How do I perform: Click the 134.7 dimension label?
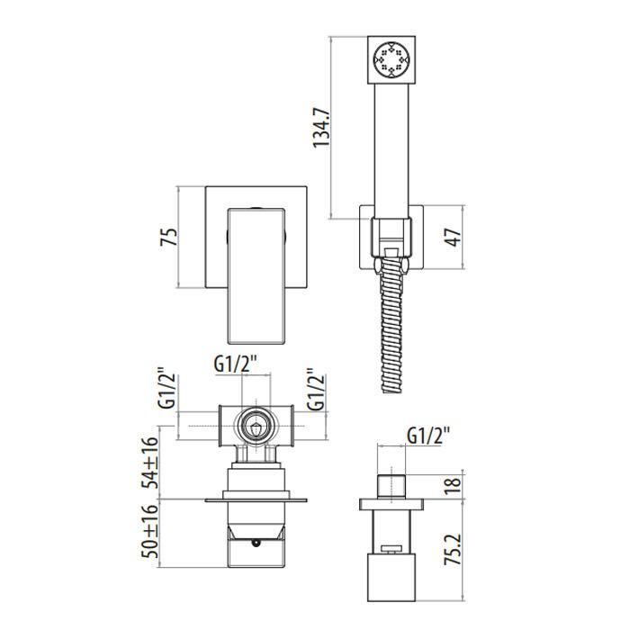[321, 128]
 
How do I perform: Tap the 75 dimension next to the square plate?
[169, 237]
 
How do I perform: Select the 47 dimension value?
[454, 237]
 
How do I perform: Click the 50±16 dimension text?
[151, 531]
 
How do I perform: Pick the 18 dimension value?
[454, 486]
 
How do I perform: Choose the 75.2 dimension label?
[454, 550]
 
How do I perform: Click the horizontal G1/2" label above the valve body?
[236, 364]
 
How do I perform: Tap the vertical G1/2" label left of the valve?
[167, 388]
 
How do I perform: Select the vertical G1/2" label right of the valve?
[316, 390]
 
